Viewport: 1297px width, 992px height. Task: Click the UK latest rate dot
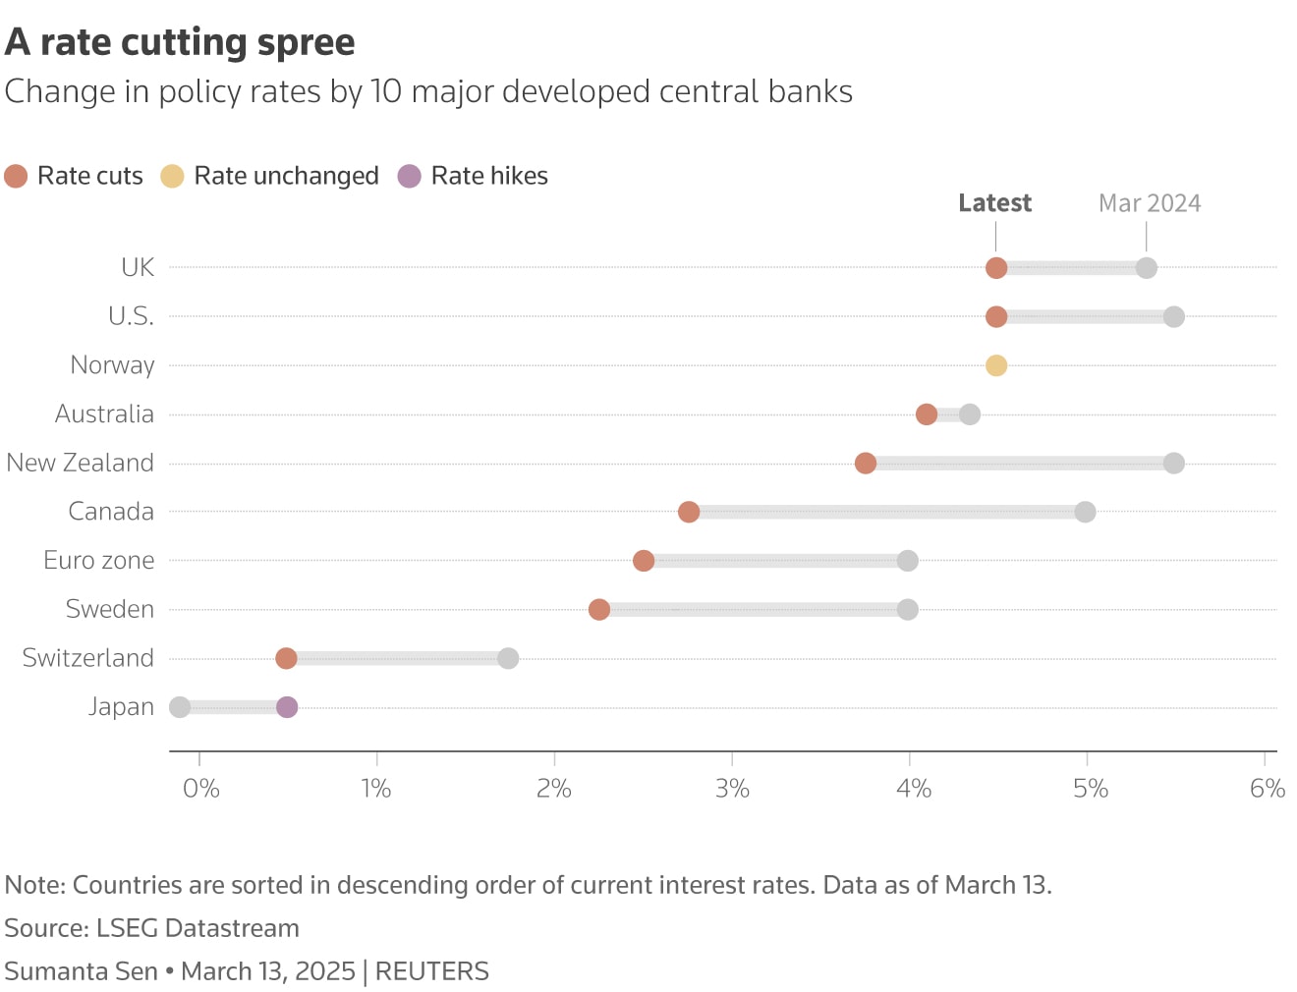click(995, 268)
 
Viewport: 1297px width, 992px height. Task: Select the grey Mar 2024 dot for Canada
click(1085, 512)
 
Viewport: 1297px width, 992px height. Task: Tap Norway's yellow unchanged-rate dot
click(995, 365)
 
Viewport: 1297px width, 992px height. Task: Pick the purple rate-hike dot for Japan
click(286, 707)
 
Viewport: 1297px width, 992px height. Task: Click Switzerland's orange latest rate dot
click(286, 658)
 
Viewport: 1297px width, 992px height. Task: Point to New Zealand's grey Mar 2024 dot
click(1173, 463)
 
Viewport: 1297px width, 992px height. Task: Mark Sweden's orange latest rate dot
click(598, 609)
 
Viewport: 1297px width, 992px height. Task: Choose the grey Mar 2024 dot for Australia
click(969, 414)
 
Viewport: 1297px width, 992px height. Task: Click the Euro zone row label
click(99, 560)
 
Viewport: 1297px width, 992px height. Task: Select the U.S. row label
click(131, 316)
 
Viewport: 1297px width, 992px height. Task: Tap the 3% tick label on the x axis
click(732, 789)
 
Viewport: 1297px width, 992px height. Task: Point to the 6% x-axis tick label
click(1267, 789)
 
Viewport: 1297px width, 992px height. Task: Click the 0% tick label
click(200, 789)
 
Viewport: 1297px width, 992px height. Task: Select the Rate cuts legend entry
click(75, 176)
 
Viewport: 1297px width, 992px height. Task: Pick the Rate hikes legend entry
click(474, 176)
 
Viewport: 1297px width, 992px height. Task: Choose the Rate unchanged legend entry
click(270, 176)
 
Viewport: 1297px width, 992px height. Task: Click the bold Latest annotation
click(994, 203)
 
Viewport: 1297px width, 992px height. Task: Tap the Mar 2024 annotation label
click(1150, 203)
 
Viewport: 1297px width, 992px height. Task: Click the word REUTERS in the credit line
click(431, 971)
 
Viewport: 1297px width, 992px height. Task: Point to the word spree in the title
click(306, 42)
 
